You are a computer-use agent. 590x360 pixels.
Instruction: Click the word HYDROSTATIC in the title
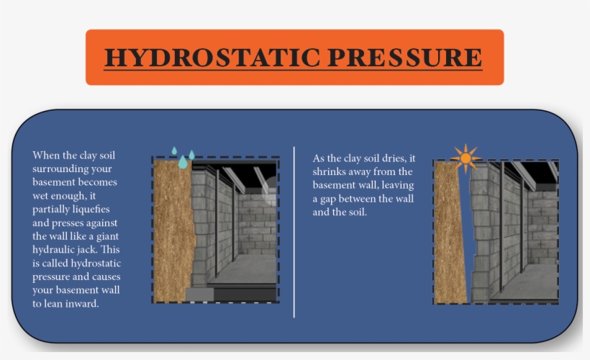coord(212,57)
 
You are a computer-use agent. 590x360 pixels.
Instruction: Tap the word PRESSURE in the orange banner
coord(405,57)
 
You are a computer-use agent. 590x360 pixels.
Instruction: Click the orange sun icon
coord(466,158)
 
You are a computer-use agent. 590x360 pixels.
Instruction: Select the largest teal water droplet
coord(183,162)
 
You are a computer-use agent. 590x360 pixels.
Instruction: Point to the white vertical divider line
coord(294,232)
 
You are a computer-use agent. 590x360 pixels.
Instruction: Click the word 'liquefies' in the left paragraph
coord(91,209)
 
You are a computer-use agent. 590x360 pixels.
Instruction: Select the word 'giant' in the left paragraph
coord(107,236)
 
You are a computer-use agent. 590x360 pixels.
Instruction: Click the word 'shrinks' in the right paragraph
coord(327,171)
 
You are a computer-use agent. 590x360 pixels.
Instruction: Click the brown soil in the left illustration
coord(173,230)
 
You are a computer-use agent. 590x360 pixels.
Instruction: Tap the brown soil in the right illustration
coord(450,233)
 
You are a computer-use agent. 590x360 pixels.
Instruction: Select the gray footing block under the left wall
coord(199,294)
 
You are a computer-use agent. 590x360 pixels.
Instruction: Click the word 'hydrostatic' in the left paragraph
coord(96,264)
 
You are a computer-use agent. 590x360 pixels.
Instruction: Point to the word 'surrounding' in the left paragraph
coord(72,169)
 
